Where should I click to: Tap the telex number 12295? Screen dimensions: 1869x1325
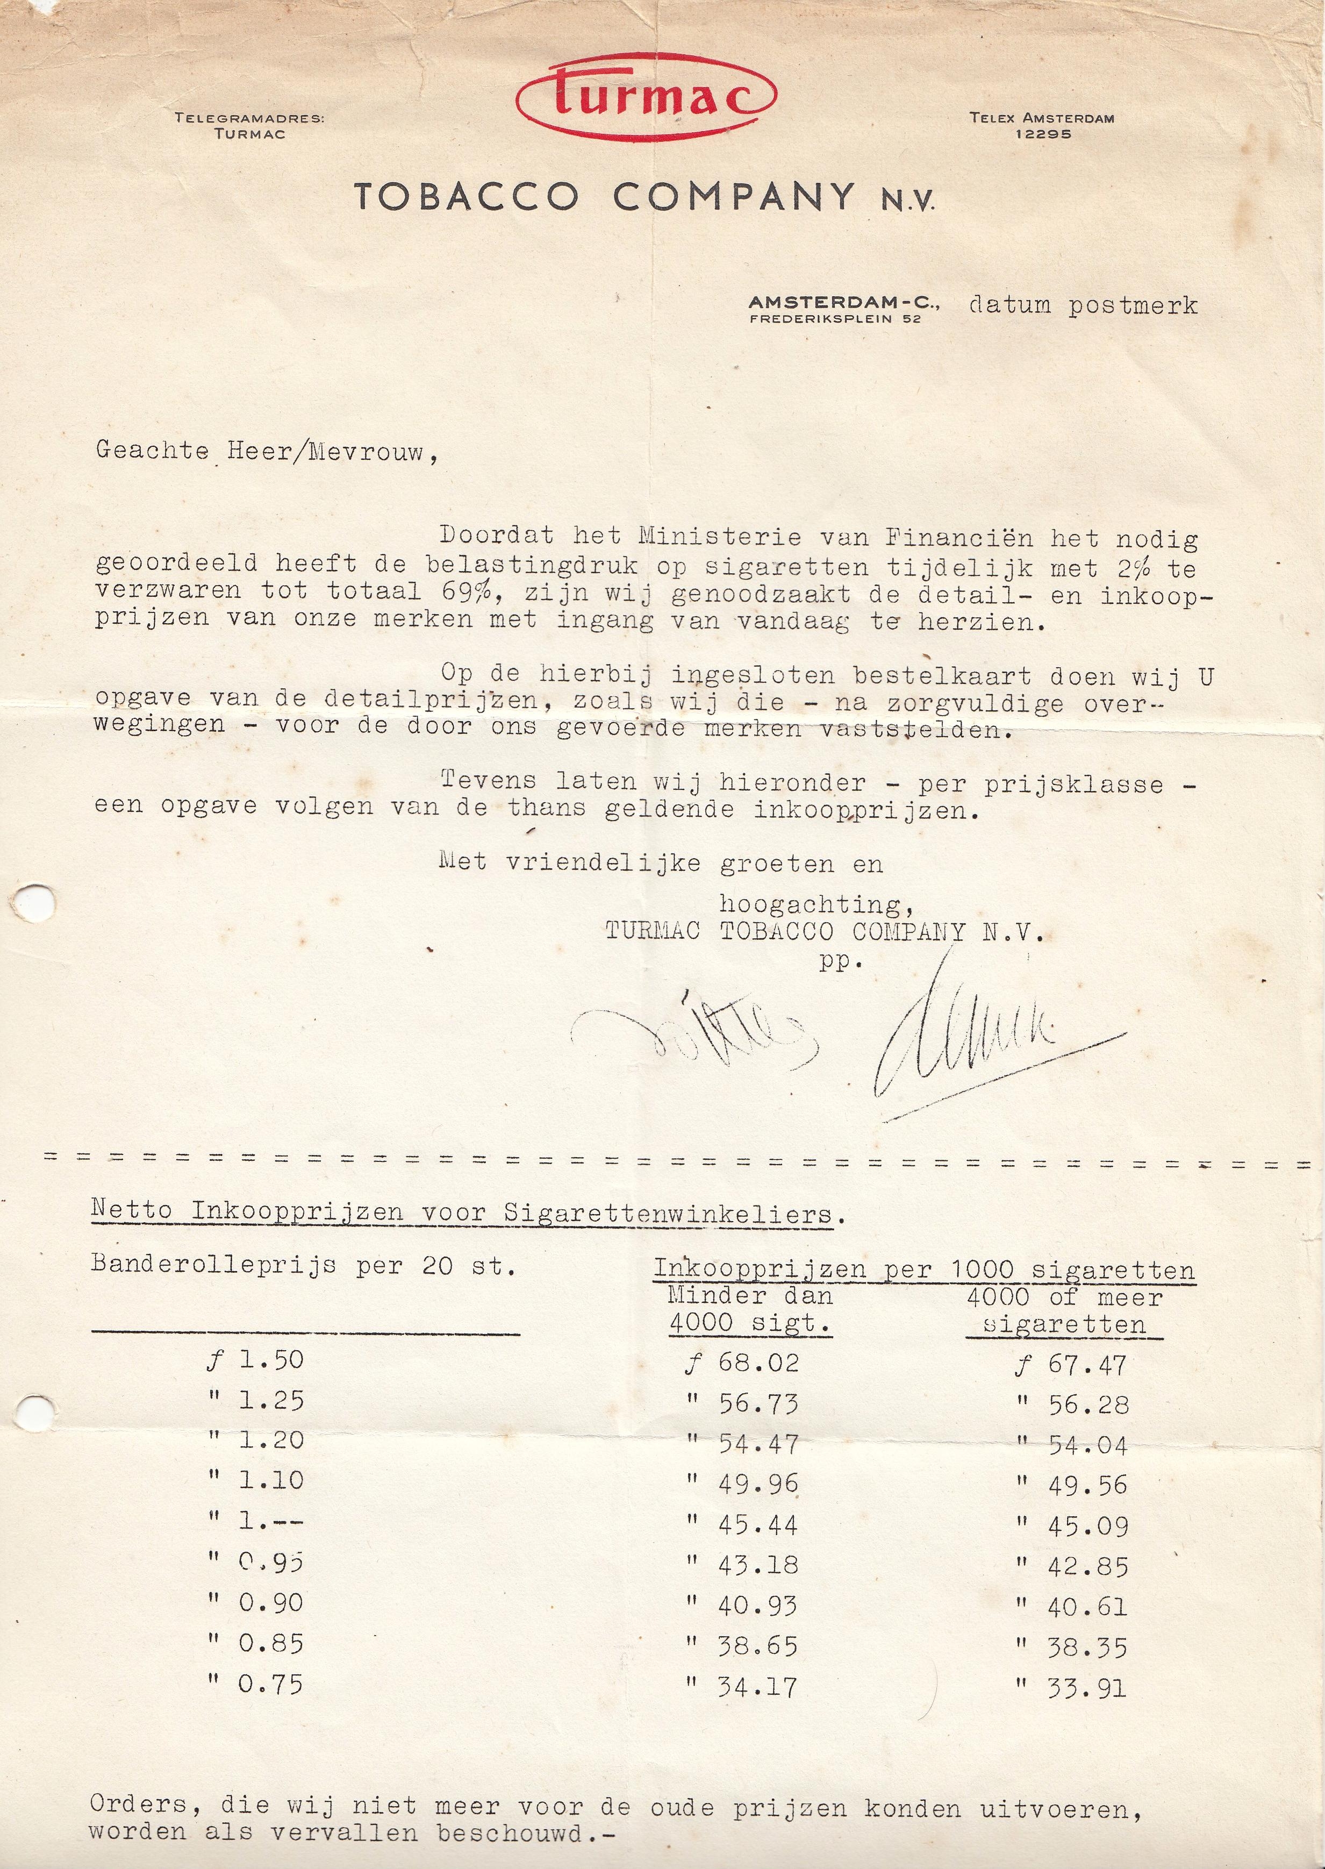[x=1043, y=134]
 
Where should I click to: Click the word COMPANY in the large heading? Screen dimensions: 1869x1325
[x=734, y=197]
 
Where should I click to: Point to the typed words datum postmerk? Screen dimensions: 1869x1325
[x=1083, y=305]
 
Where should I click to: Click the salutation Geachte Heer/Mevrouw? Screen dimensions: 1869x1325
[x=266, y=451]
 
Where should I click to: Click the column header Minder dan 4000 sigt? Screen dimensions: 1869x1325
[x=749, y=1310]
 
